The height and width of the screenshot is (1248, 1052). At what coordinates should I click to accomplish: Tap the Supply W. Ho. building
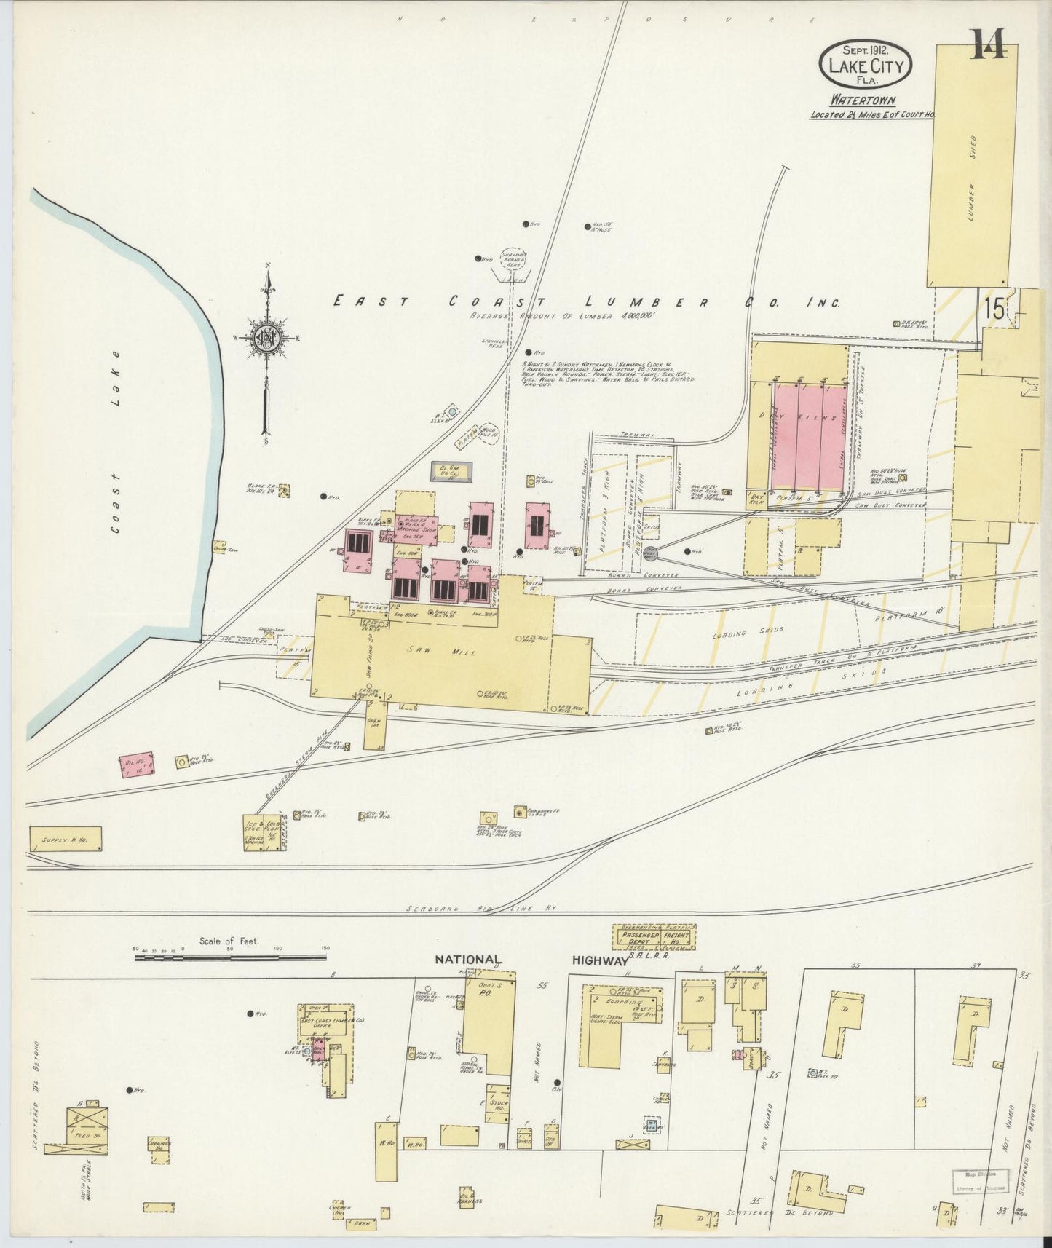tap(66, 839)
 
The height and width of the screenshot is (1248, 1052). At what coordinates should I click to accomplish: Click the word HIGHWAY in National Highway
tap(600, 960)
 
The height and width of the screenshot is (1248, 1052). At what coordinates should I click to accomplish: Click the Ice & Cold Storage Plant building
tap(264, 832)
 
